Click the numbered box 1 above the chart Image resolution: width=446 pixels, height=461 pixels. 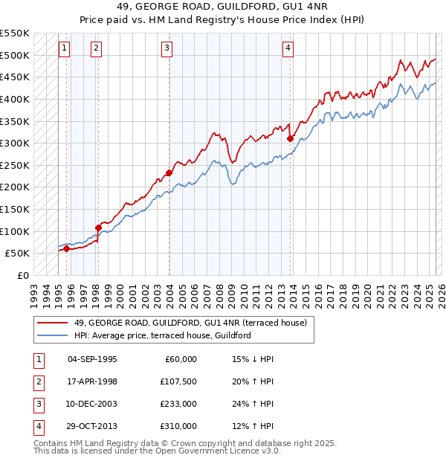point(65,48)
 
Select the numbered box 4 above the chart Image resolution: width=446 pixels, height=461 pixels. point(288,48)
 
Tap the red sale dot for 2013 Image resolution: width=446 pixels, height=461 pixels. point(290,138)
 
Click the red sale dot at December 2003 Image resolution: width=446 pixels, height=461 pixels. point(169,173)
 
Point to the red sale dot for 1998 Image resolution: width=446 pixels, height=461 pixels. point(98,228)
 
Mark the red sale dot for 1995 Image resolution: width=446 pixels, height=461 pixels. point(66,248)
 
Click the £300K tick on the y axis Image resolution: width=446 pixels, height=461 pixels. point(15,143)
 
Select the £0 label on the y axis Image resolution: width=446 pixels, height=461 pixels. point(22,275)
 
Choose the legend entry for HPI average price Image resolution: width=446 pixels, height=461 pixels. point(162,335)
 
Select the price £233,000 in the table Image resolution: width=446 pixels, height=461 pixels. point(178,404)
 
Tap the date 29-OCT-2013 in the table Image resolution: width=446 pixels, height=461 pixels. point(92,426)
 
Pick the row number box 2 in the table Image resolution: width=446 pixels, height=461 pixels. point(37,382)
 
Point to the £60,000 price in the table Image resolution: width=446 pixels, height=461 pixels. point(181,359)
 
